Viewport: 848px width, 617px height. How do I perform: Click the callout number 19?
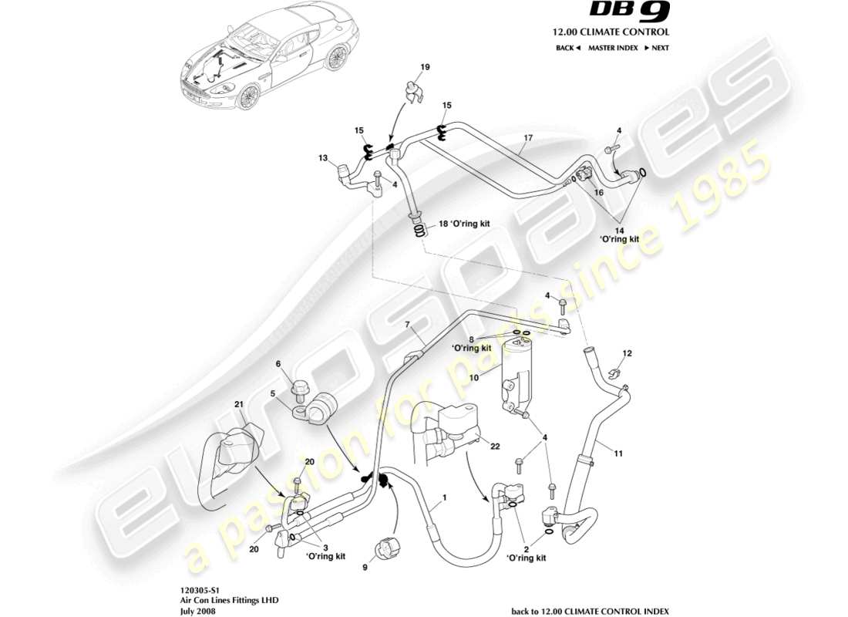pos(424,68)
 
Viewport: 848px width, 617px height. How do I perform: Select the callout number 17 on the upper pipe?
pos(528,139)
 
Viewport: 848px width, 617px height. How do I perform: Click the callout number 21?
pos(239,404)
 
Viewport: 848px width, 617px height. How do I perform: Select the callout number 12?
pos(627,353)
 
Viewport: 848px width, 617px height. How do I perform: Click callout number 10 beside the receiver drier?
pos(474,378)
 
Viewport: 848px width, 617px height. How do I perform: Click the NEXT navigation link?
pos(657,48)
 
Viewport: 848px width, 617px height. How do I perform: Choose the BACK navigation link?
pos(567,48)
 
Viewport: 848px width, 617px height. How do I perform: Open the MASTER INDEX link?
pos(612,48)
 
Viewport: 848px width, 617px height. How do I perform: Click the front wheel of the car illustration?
pos(248,96)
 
